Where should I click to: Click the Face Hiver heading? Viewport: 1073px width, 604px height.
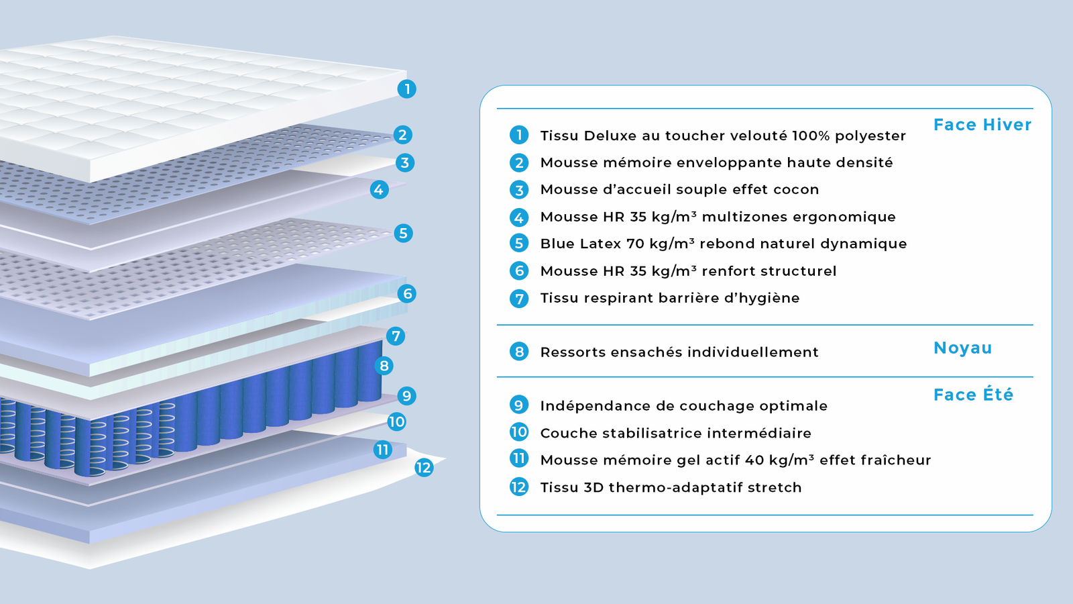pos(982,125)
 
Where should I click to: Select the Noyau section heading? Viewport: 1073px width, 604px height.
pos(962,348)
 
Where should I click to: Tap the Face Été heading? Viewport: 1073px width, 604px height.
pos(972,395)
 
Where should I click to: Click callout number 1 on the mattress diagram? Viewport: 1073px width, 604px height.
pos(406,89)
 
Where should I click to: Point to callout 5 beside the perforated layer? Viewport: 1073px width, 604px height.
pos(403,233)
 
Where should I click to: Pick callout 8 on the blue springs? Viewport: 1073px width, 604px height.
pos(384,366)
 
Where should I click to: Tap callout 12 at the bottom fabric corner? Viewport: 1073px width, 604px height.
pos(423,468)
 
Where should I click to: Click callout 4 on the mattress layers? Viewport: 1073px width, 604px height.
pos(379,189)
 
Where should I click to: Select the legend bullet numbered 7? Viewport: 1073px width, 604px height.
pos(519,298)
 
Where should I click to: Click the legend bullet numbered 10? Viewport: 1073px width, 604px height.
pos(519,432)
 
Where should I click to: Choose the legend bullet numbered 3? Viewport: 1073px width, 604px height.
pos(519,190)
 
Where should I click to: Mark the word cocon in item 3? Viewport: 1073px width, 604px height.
pos(796,190)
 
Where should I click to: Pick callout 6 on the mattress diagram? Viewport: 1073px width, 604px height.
pos(407,293)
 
